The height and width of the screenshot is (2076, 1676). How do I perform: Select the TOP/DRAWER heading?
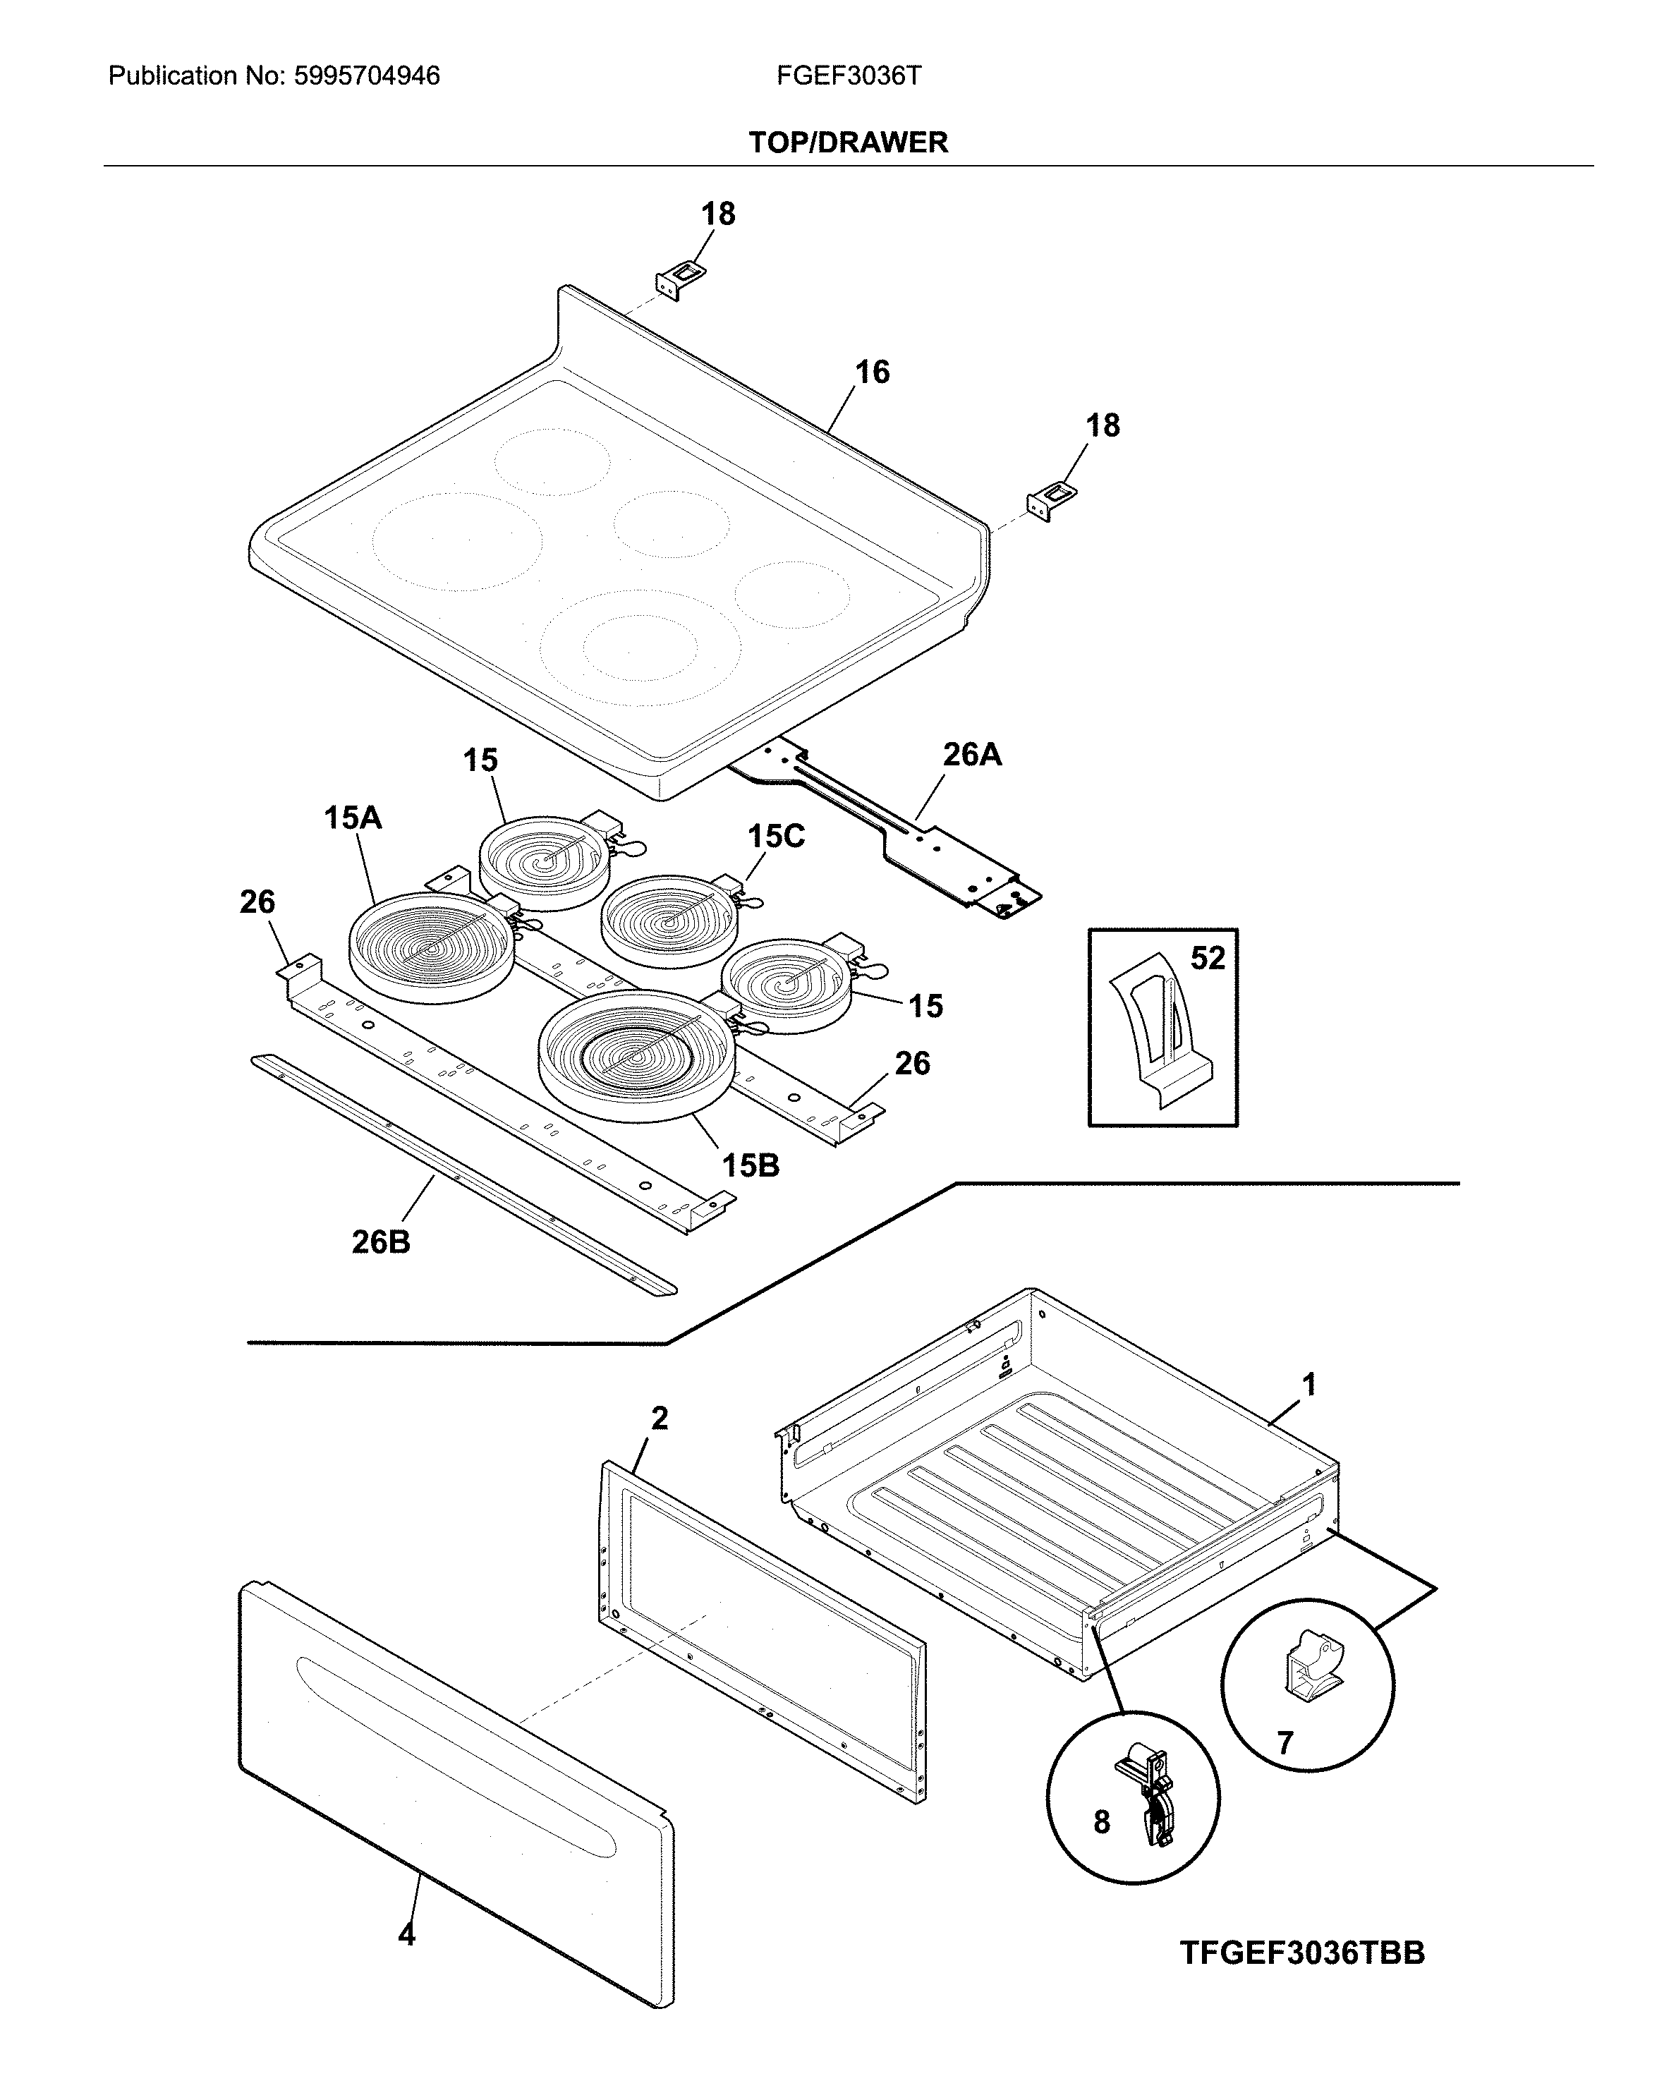[x=848, y=143]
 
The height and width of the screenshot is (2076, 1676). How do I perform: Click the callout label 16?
[x=872, y=372]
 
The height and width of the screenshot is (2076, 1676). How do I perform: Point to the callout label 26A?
[x=971, y=754]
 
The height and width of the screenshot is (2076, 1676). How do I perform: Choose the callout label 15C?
[x=775, y=836]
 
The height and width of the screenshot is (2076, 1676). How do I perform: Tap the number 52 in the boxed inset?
[x=1207, y=958]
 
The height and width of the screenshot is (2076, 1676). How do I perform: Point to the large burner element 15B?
[x=637, y=1055]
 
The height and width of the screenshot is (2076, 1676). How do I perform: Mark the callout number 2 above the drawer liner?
[x=660, y=1419]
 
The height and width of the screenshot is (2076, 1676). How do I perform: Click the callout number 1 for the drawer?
[x=1308, y=1385]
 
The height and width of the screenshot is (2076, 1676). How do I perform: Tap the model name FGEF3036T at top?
[x=848, y=76]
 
